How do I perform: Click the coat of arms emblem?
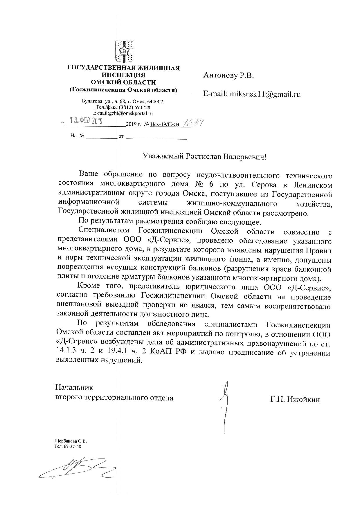tap(124, 51)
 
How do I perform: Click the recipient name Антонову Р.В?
tap(228, 76)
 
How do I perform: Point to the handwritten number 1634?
tap(191, 124)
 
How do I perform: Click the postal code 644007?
tap(157, 102)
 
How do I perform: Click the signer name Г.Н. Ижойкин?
tap(295, 400)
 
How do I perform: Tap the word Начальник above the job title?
tap(74, 388)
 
